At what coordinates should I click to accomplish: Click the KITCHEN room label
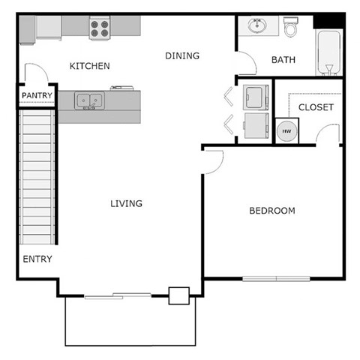click(x=90, y=66)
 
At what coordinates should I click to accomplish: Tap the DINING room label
click(x=182, y=55)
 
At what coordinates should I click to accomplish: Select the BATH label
click(x=283, y=60)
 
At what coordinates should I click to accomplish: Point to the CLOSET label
click(x=316, y=107)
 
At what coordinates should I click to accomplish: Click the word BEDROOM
click(x=271, y=211)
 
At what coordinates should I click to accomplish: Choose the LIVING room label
click(x=126, y=203)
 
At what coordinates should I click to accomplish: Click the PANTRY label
click(x=36, y=96)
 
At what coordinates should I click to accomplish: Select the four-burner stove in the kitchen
click(x=100, y=28)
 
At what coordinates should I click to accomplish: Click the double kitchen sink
click(x=89, y=100)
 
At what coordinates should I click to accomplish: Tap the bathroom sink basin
click(x=258, y=27)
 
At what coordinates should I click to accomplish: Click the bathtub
click(x=328, y=52)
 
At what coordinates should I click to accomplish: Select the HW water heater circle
click(x=286, y=130)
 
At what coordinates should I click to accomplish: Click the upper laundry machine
click(x=256, y=96)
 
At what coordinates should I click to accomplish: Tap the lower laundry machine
click(x=256, y=125)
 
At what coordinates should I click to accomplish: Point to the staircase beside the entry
click(x=37, y=177)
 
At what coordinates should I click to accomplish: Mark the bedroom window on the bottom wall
click(x=275, y=279)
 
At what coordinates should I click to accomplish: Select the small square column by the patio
click(x=178, y=295)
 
